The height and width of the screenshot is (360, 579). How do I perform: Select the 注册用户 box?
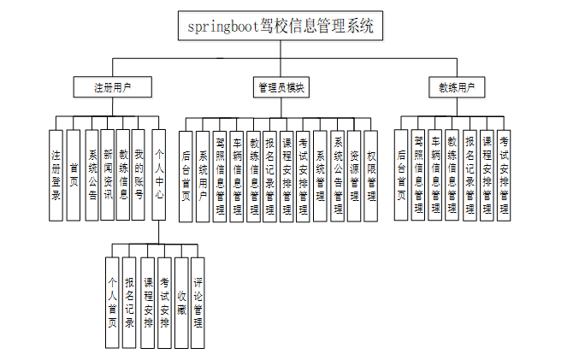click(113, 87)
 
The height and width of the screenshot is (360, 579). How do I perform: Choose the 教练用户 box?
click(457, 87)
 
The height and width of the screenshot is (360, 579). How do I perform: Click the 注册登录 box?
click(56, 174)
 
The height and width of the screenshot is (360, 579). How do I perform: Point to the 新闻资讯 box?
click(107, 174)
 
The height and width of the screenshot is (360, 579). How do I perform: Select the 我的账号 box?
click(139, 174)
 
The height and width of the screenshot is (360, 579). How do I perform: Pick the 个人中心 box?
click(158, 174)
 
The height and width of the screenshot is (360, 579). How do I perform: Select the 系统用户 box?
click(203, 176)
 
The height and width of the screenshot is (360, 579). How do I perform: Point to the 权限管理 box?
click(371, 176)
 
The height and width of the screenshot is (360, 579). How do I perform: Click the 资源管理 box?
click(354, 176)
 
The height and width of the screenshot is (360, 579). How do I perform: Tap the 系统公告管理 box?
click(338, 176)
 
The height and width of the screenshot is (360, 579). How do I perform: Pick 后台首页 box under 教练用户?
click(401, 174)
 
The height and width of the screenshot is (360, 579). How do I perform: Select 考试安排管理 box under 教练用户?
click(505, 174)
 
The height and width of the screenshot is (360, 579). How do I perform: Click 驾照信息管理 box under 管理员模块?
click(220, 176)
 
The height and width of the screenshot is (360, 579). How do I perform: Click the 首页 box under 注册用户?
click(74, 174)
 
